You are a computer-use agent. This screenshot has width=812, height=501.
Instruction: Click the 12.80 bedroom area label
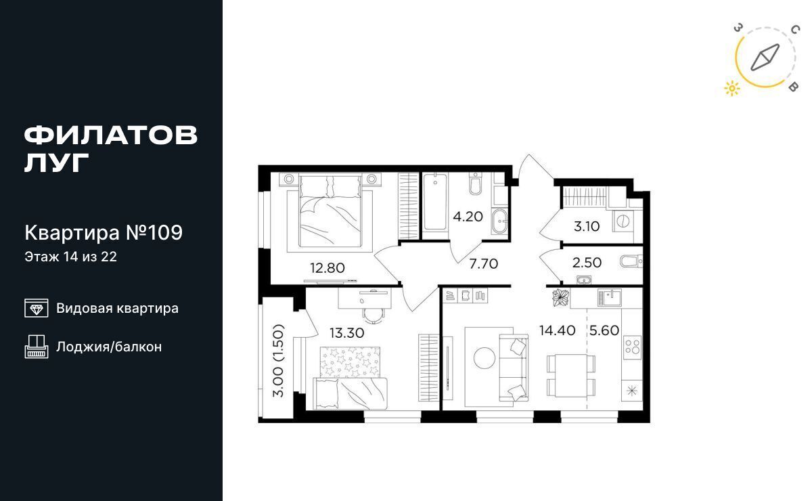pos(327,268)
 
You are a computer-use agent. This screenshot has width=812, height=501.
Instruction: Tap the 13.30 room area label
pos(347,332)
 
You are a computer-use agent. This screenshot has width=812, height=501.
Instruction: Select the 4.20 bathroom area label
pos(468,217)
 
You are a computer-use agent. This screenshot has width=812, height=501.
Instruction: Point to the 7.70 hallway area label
pos(484,264)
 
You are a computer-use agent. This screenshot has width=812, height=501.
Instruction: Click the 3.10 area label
pos(587,226)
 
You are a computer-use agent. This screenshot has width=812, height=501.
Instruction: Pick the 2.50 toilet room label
pos(587,262)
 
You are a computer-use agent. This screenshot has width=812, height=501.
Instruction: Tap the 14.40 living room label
pos(557,330)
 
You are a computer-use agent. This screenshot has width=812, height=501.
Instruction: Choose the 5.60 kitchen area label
pos(604,330)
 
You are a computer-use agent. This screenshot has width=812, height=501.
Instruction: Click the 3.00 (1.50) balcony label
pos(278,361)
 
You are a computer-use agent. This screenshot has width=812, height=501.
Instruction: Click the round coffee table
pos(484,357)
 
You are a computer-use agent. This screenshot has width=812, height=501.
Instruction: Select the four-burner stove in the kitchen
pos(632,345)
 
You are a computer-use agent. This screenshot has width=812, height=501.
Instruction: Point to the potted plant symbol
pos(560,297)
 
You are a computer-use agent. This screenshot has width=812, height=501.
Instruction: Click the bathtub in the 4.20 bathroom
pos(434,202)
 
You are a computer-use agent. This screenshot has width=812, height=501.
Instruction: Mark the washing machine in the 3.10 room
pos(623,221)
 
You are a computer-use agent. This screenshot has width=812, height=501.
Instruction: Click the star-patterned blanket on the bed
pos(351,362)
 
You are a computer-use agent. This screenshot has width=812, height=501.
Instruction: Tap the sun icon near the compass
pos(732,88)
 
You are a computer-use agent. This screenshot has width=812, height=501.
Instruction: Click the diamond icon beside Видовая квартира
pos(37,308)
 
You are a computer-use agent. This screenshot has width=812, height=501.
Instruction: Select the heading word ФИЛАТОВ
pos(111,135)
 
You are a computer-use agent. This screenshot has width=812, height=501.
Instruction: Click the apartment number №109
pos(154,232)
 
